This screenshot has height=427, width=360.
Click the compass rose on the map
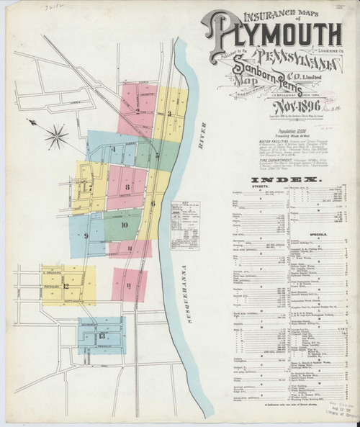pos(56,134)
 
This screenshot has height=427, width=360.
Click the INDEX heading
pos(286,179)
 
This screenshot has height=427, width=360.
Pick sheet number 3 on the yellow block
pos(169,114)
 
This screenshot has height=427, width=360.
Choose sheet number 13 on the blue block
pos(102,336)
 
